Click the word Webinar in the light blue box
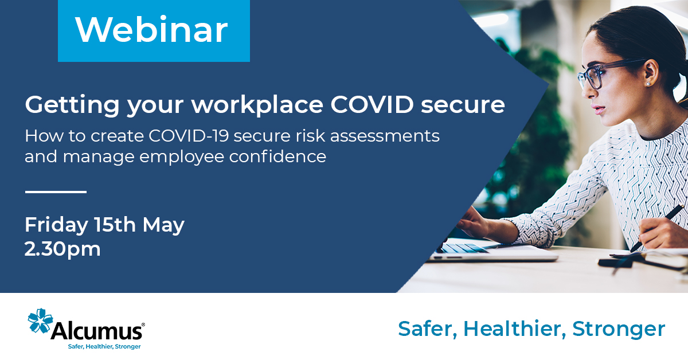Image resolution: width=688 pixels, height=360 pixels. pyautogui.click(x=151, y=30)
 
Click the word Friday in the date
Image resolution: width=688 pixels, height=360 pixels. pyautogui.click(x=55, y=225)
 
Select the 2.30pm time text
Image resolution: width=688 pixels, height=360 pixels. pyautogui.click(x=62, y=249)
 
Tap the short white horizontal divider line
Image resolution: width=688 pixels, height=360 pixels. pyautogui.click(x=56, y=192)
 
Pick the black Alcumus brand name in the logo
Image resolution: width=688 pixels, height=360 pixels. pyautogui.click(x=96, y=331)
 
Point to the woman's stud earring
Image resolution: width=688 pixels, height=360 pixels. pyautogui.click(x=648, y=84)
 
